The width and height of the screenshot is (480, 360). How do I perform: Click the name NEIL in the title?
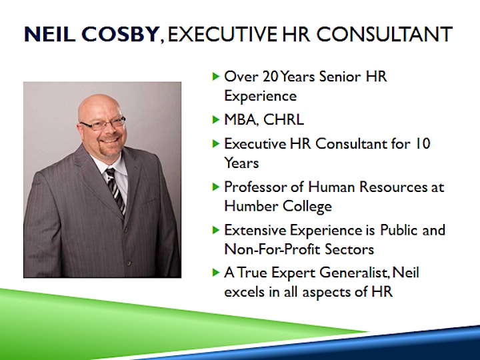click(49, 34)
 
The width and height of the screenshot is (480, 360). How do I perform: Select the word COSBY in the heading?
click(120, 34)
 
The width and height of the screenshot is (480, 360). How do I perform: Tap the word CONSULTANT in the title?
click(385, 34)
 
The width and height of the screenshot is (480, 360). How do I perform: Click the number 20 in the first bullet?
click(271, 76)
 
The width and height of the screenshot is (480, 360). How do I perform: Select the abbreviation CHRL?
click(283, 119)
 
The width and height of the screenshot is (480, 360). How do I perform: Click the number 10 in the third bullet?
click(422, 143)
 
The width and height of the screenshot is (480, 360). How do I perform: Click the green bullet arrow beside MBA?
click(216, 119)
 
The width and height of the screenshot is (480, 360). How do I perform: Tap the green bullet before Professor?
click(216, 187)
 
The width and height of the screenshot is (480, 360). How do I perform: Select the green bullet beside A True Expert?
click(216, 272)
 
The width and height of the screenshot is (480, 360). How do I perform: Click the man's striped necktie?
click(116, 191)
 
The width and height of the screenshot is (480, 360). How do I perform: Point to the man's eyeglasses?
click(103, 123)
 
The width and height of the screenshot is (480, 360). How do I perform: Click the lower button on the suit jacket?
click(129, 263)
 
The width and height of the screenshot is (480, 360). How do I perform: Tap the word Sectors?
click(349, 249)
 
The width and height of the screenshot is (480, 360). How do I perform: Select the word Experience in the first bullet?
click(261, 96)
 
